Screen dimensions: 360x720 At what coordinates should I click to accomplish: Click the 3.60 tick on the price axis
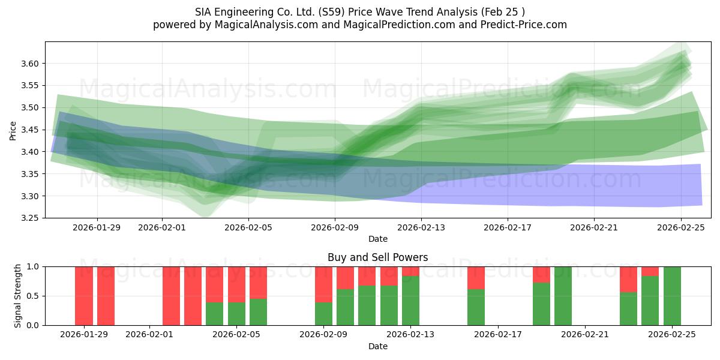(x=29, y=64)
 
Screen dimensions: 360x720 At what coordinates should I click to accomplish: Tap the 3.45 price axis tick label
(x=29, y=130)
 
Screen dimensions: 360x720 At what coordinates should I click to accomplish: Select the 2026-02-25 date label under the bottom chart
(x=672, y=334)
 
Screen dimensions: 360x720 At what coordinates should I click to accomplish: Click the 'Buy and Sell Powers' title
(x=377, y=257)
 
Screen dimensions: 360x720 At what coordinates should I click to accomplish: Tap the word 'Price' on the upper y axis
(x=13, y=130)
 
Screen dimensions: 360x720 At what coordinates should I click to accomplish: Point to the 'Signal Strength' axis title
(x=18, y=296)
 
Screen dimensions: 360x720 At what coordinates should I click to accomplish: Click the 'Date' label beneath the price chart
(x=377, y=239)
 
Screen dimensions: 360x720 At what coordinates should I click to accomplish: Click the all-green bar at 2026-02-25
(x=672, y=296)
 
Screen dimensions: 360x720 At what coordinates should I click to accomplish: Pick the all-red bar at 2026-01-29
(x=84, y=296)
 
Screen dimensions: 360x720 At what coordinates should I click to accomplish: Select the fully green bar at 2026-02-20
(x=563, y=296)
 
